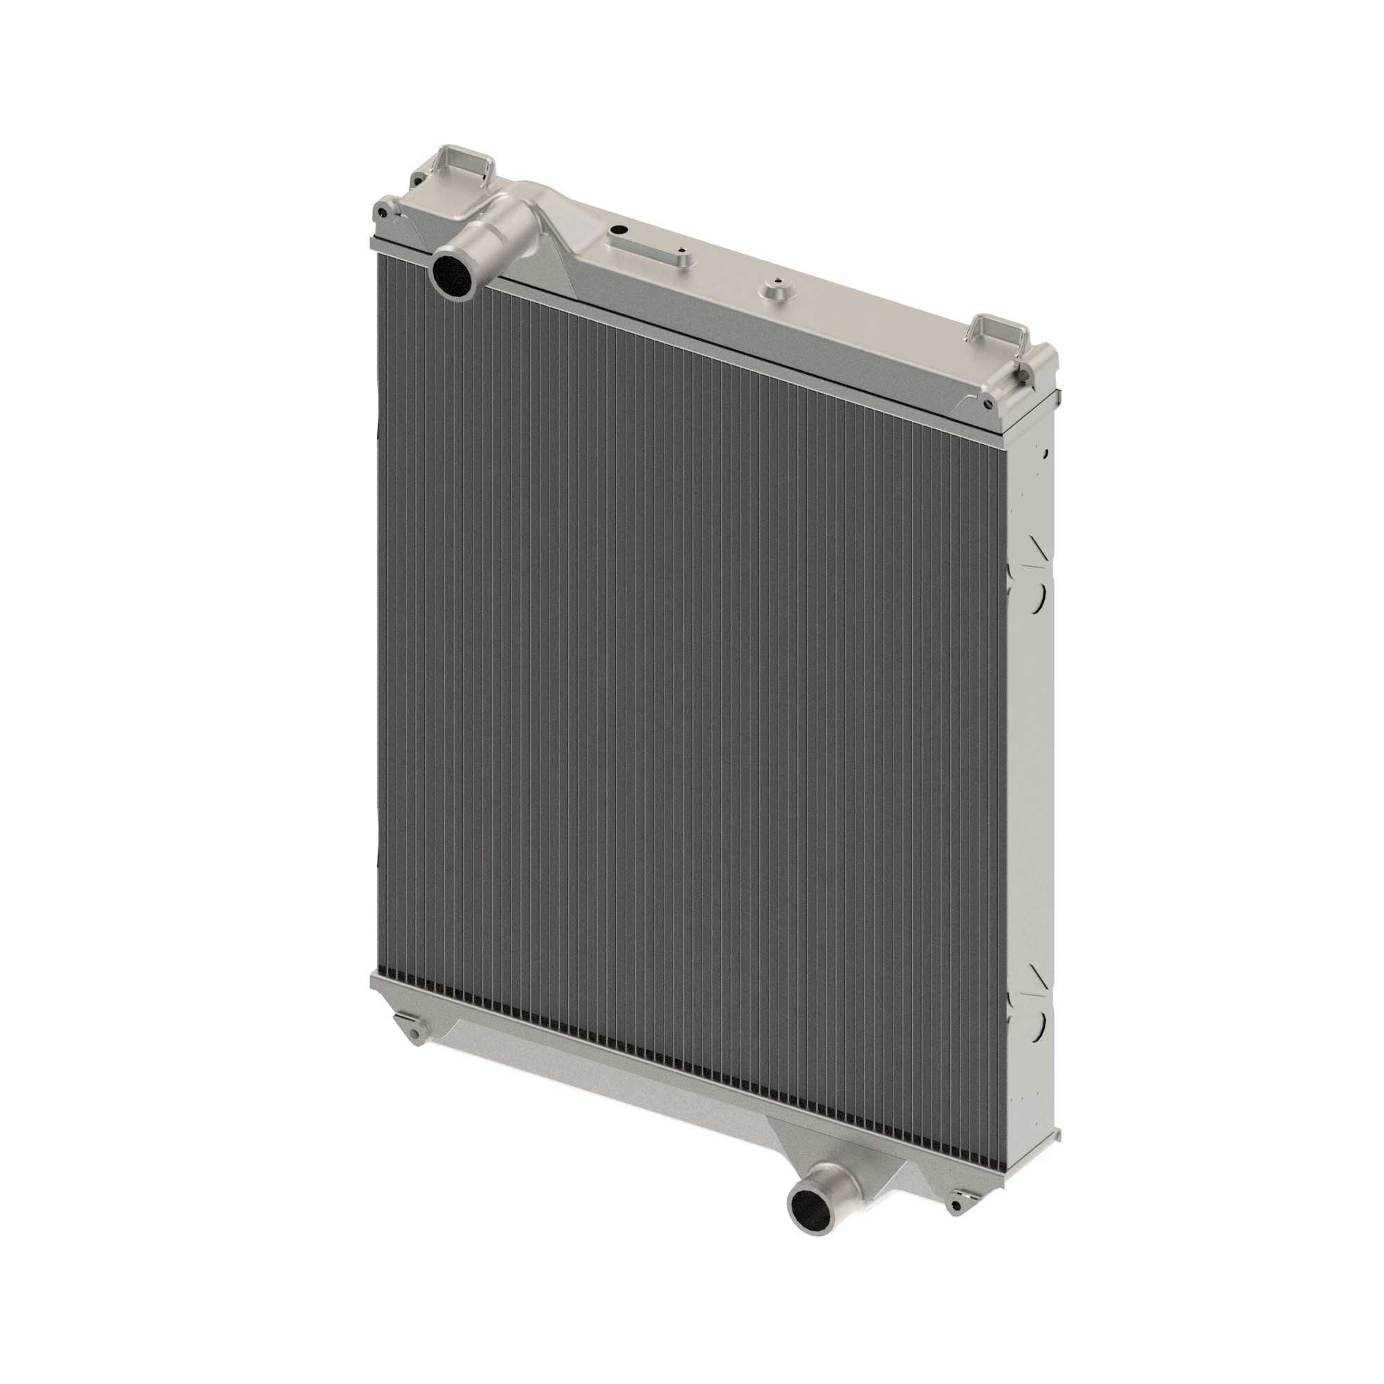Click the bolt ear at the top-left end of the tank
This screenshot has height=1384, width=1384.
coord(387,206)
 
